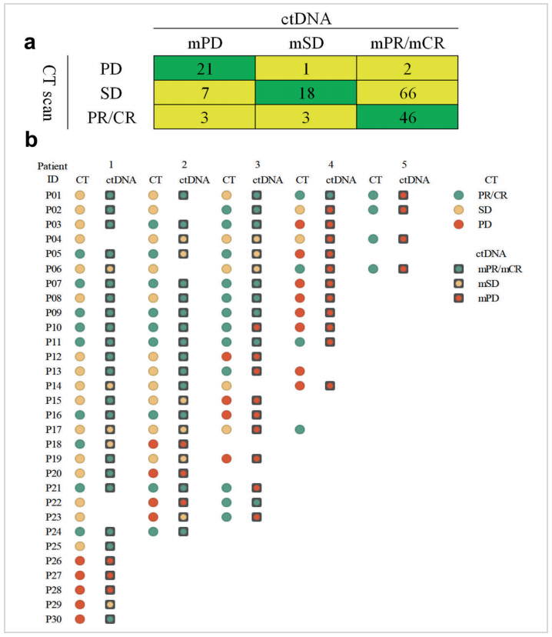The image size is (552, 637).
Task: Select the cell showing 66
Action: pyautogui.click(x=407, y=94)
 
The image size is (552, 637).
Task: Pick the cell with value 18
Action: pyautogui.click(x=306, y=94)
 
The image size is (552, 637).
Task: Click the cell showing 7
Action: pyautogui.click(x=205, y=94)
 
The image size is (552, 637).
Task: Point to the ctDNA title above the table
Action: pyautogui.click(x=306, y=13)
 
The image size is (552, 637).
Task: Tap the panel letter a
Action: pyautogui.click(x=31, y=44)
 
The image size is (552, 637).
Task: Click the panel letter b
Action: pyautogui.click(x=31, y=141)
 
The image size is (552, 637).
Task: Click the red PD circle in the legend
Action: pyautogui.click(x=459, y=224)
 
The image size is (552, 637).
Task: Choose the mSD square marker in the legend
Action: pyautogui.click(x=459, y=282)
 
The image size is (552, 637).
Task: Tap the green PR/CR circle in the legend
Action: pyautogui.click(x=459, y=195)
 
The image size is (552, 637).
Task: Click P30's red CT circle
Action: pyautogui.click(x=80, y=619)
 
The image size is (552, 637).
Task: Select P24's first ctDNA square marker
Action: pyautogui.click(x=110, y=532)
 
